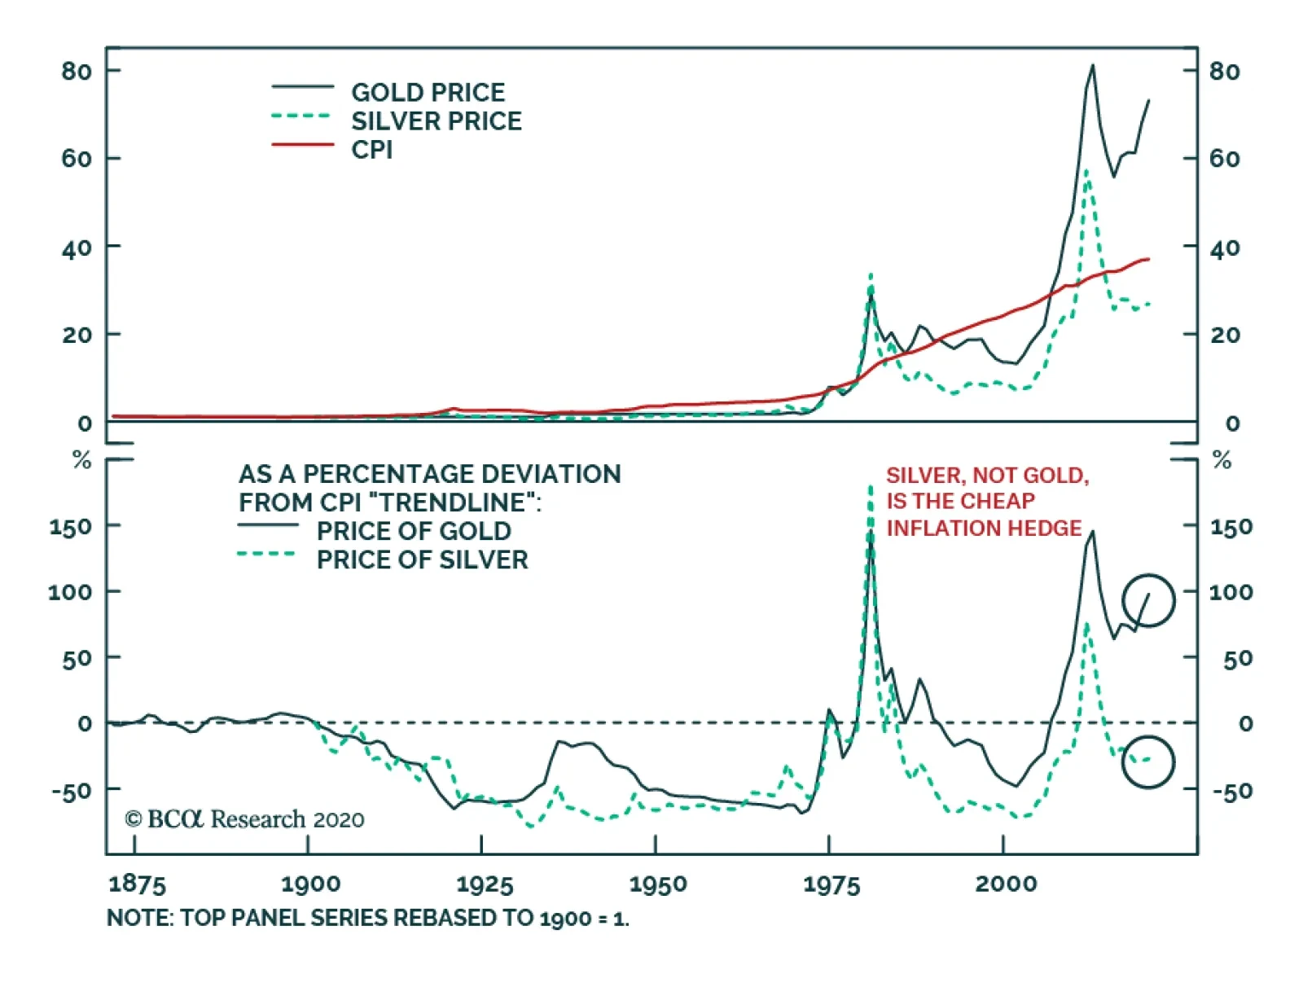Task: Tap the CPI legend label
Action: pyautogui.click(x=371, y=150)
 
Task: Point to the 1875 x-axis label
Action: pyautogui.click(x=137, y=884)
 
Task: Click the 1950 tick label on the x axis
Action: pyautogui.click(x=657, y=884)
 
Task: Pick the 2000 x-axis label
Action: pyautogui.click(x=1006, y=884)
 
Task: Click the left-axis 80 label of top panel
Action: pyautogui.click(x=77, y=72)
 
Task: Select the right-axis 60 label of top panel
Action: pyautogui.click(x=1224, y=158)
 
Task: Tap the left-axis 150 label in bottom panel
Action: pyautogui.click(x=71, y=527)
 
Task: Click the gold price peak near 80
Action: pyautogui.click(x=1092, y=67)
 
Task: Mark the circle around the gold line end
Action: pyautogui.click(x=1148, y=601)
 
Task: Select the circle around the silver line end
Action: pyautogui.click(x=1148, y=761)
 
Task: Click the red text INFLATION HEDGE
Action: pyautogui.click(x=984, y=529)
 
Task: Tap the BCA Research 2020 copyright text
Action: pyautogui.click(x=244, y=819)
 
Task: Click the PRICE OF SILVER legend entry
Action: pyautogui.click(x=422, y=560)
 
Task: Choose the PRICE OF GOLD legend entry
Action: pyautogui.click(x=414, y=531)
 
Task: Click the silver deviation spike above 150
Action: pyautogui.click(x=870, y=489)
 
